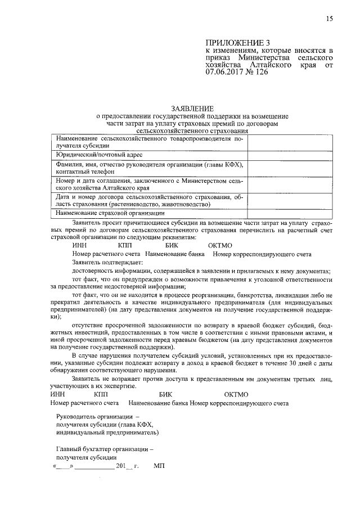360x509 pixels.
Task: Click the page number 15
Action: click(329, 19)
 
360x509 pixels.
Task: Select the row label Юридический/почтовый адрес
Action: click(99, 154)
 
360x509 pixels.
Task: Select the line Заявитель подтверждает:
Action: click(107, 262)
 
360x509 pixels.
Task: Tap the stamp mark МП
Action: click(159, 467)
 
